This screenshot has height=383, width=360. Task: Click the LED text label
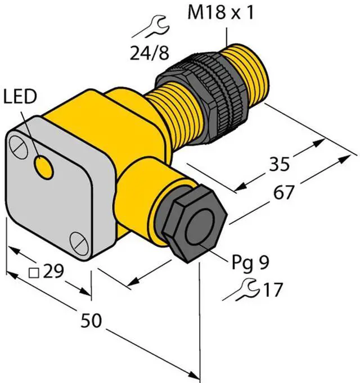click(x=20, y=96)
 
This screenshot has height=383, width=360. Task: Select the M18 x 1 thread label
click(x=220, y=12)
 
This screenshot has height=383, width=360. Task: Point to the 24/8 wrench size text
click(x=150, y=53)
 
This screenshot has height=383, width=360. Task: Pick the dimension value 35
click(x=279, y=164)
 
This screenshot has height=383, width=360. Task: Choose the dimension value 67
click(x=283, y=192)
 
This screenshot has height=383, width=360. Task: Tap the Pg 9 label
click(x=250, y=263)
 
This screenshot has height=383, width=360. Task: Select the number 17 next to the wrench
click(x=273, y=290)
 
